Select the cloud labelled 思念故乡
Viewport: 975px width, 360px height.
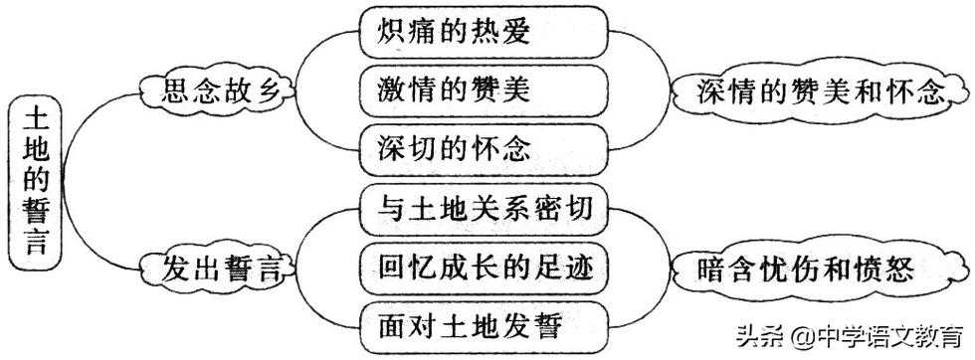pos(214,92)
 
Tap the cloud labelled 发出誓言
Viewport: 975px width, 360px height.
pos(214,268)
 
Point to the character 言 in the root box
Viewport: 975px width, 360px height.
pos(36,241)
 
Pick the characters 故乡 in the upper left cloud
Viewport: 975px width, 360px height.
pos(249,92)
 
